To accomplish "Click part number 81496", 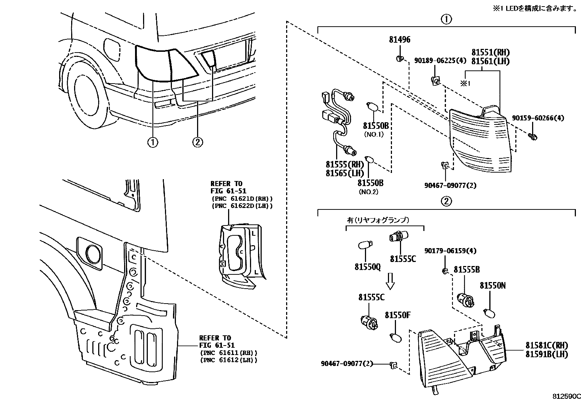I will pos(399,39).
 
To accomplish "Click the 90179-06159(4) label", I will pos(450,251).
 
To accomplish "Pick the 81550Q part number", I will pos(367,267).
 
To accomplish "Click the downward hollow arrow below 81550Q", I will pos(390,281).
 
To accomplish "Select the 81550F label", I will pos(398,315).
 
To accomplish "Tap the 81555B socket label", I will pos(466,270).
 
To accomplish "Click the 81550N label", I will pos(492,286).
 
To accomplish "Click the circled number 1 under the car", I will pos(153,142).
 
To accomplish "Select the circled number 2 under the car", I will pos(197,142).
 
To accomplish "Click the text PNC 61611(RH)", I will pos(228,353).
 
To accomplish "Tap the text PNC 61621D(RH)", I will pos(242,198).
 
